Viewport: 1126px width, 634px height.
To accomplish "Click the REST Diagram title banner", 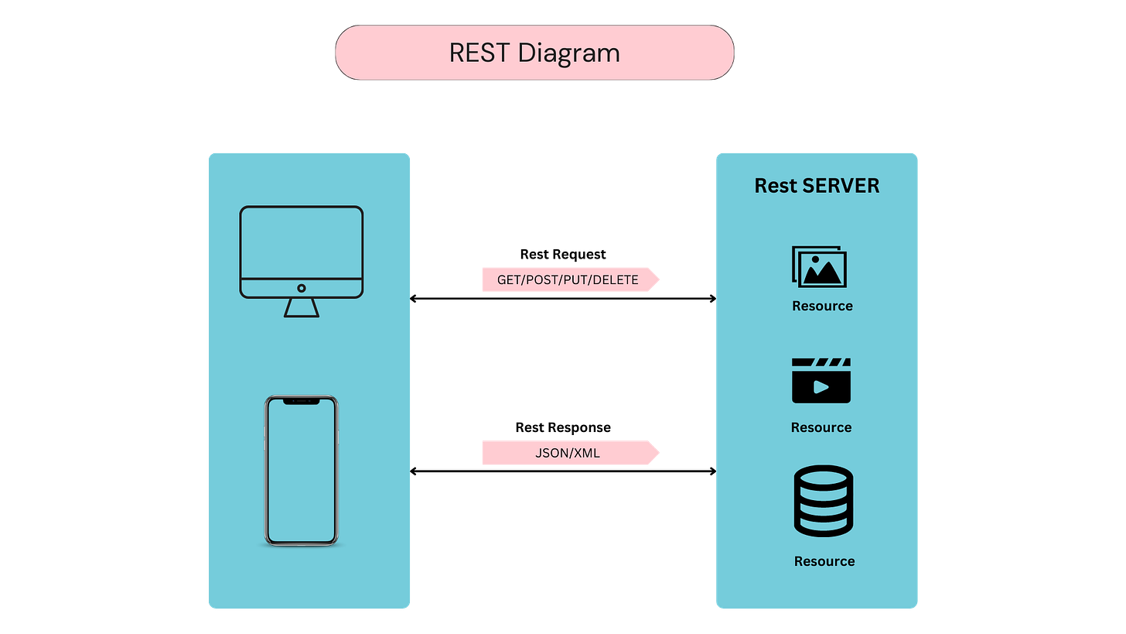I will pyautogui.click(x=534, y=53).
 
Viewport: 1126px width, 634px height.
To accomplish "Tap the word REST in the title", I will pyautogui.click(x=479, y=53).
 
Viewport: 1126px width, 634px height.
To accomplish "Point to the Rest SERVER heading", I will pyautogui.click(x=817, y=186).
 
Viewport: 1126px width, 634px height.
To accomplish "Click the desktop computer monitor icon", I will pyautogui.click(x=301, y=252).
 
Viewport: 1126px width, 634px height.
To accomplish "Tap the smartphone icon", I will pyautogui.click(x=301, y=470).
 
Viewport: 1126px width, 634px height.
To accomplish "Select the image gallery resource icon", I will pyautogui.click(x=820, y=267).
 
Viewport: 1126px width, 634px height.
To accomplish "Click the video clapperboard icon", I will pyautogui.click(x=821, y=380).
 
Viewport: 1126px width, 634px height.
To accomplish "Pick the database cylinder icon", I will pyautogui.click(x=823, y=501).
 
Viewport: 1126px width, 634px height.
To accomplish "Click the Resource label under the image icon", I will pyautogui.click(x=822, y=306).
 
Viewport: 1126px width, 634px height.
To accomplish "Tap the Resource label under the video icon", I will pyautogui.click(x=821, y=427).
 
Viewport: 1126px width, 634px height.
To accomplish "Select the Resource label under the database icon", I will pyautogui.click(x=824, y=561).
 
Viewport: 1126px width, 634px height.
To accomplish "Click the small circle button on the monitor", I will pyautogui.click(x=301, y=288).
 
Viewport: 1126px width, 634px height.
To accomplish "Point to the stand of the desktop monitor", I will pyautogui.click(x=301, y=308).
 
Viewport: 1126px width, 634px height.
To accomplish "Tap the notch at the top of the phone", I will pyautogui.click(x=301, y=402).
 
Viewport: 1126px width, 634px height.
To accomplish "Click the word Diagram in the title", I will pyautogui.click(x=568, y=53).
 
